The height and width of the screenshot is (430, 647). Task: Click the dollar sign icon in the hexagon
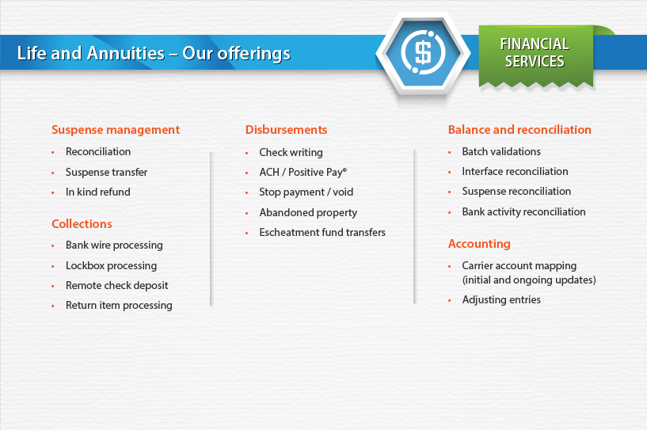click(423, 52)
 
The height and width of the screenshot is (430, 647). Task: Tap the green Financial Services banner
click(535, 55)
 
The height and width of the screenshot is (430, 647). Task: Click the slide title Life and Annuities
click(154, 54)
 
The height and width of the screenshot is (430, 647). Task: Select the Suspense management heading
click(116, 130)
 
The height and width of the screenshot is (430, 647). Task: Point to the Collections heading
click(82, 223)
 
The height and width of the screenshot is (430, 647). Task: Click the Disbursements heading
click(287, 130)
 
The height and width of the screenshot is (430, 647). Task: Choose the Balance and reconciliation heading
click(520, 130)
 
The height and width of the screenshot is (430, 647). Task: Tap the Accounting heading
click(479, 244)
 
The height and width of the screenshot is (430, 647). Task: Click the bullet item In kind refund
click(97, 192)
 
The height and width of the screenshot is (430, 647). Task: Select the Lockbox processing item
click(111, 266)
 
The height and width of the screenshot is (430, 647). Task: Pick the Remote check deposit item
click(116, 286)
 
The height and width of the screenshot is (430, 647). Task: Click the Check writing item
click(291, 152)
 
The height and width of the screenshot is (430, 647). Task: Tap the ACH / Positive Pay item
click(303, 172)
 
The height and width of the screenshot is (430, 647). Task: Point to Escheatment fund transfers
click(322, 232)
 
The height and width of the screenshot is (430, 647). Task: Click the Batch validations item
click(501, 151)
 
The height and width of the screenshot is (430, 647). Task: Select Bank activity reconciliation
click(523, 211)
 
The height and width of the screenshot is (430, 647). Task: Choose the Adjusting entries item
click(501, 299)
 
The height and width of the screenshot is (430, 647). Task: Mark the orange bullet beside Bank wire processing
click(53, 246)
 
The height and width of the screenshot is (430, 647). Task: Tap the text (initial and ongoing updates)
click(529, 280)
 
